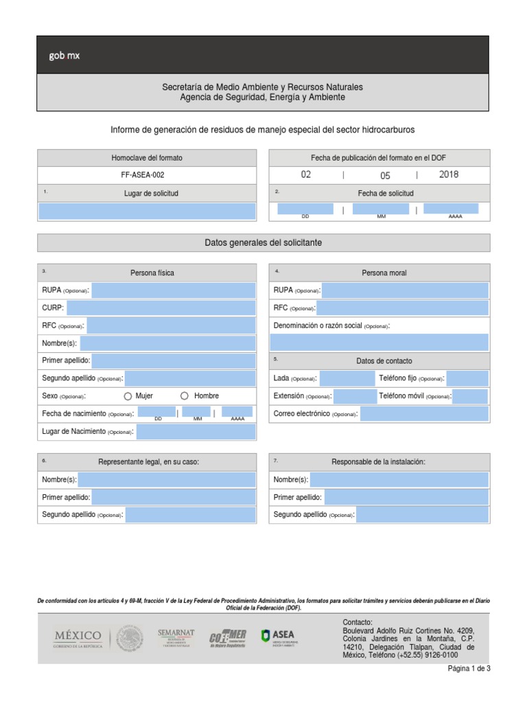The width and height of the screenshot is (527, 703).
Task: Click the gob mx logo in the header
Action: click(65, 56)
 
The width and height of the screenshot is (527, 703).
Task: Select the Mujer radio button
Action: click(128, 396)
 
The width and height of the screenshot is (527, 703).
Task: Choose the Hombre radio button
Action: click(184, 396)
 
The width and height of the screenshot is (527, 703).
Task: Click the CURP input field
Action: click(161, 308)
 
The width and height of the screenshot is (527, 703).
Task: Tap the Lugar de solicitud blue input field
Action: click(147, 211)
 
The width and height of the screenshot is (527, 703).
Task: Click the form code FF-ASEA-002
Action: click(147, 175)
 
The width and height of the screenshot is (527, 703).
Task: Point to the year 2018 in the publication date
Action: click(449, 175)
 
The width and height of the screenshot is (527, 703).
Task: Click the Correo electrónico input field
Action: click(424, 414)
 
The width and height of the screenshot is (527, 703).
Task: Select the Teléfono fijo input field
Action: click(467, 379)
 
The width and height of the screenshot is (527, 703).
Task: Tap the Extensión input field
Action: click(355, 396)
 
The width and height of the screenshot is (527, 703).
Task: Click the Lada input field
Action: click(347, 379)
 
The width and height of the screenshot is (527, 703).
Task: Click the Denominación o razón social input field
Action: click(379, 343)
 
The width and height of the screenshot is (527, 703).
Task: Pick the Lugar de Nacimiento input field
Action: click(196, 432)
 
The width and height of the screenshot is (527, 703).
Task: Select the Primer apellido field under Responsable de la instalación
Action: click(406, 497)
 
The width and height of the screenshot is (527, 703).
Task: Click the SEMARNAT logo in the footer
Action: click(176, 638)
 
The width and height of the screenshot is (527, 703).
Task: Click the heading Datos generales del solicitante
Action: click(263, 243)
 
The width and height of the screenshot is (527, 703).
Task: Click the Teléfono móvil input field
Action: click(470, 396)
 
